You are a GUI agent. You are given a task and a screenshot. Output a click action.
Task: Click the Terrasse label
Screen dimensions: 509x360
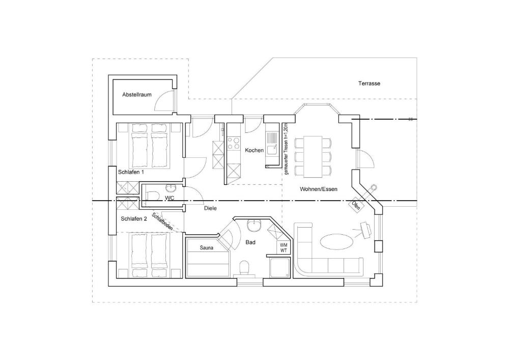[x=369, y=84]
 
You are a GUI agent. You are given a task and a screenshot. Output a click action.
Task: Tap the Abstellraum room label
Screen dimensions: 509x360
[x=136, y=95]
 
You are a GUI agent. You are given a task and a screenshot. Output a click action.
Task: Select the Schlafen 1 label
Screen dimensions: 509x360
[x=131, y=172]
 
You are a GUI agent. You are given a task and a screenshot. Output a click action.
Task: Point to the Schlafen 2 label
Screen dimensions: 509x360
[x=134, y=219]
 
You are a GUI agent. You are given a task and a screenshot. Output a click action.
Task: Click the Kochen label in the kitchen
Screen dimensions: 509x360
[x=254, y=150]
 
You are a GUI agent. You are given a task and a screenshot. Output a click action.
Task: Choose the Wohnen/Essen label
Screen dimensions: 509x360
[x=319, y=189]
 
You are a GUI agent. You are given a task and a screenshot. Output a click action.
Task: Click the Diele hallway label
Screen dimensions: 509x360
[x=210, y=208]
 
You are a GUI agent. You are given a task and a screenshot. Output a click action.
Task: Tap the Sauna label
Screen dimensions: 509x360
[x=207, y=248]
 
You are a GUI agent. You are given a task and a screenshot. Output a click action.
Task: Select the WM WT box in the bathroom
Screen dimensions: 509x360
[x=284, y=248]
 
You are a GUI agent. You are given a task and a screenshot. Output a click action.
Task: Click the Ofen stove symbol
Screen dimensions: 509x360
[x=356, y=205]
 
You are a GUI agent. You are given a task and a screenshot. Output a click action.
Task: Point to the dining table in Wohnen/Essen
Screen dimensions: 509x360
[x=313, y=157]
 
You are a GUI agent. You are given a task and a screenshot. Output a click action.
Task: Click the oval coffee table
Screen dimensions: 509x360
[x=335, y=241]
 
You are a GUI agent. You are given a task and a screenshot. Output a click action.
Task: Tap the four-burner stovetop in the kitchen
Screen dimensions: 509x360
[x=233, y=144]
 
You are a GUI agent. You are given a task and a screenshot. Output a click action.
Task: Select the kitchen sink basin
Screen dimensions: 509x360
[x=271, y=150]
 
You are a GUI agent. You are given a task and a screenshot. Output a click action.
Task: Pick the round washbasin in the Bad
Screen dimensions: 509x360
[x=254, y=226]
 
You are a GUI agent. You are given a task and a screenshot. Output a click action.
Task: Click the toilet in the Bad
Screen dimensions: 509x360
[x=244, y=268]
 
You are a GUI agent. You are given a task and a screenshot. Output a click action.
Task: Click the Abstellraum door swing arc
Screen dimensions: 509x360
[x=163, y=100]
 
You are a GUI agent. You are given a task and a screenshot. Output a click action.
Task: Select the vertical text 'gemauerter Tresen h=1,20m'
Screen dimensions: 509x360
[x=286, y=149]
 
